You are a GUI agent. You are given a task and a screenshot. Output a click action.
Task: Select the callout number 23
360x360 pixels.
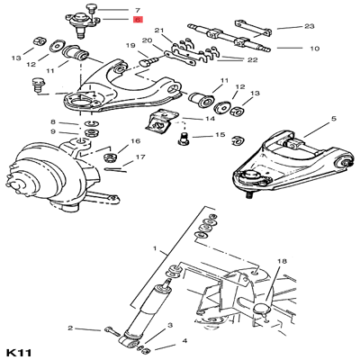tap(310, 28)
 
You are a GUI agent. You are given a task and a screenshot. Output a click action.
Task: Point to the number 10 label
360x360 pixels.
tap(314, 48)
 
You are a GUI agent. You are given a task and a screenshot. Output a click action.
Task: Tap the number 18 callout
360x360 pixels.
tap(283, 262)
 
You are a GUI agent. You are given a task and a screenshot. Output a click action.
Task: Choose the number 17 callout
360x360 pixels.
tap(140, 157)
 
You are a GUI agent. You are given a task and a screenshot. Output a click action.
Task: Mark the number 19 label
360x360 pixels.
tap(130, 45)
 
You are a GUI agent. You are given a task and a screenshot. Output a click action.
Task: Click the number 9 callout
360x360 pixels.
tap(53, 132)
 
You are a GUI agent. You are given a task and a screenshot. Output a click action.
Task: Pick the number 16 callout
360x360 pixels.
tap(136, 141)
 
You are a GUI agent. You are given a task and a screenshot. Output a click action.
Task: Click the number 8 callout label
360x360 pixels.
tap(53, 121)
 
